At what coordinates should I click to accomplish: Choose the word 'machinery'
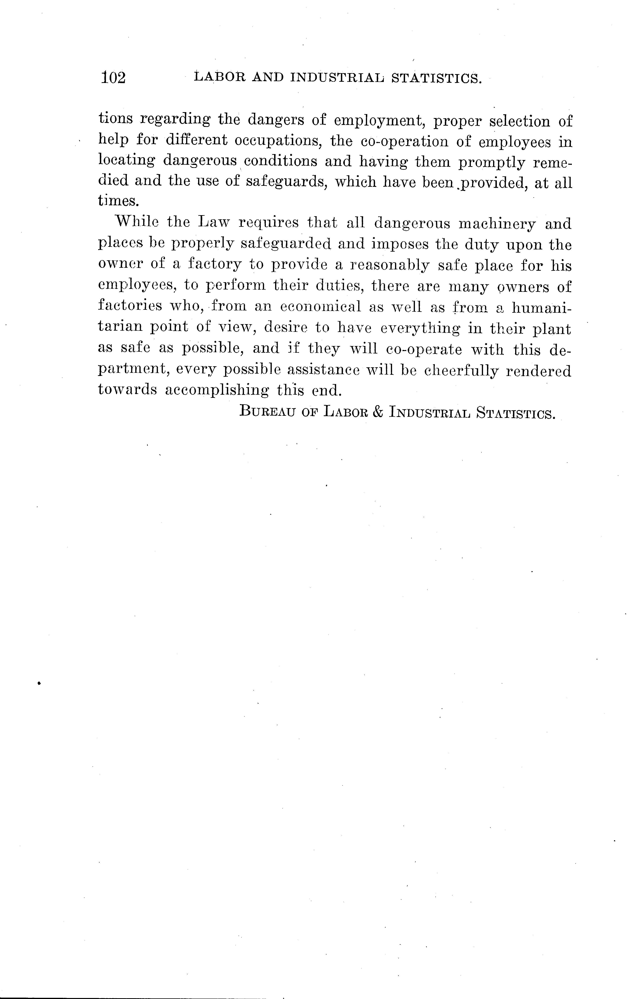point(497,224)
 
